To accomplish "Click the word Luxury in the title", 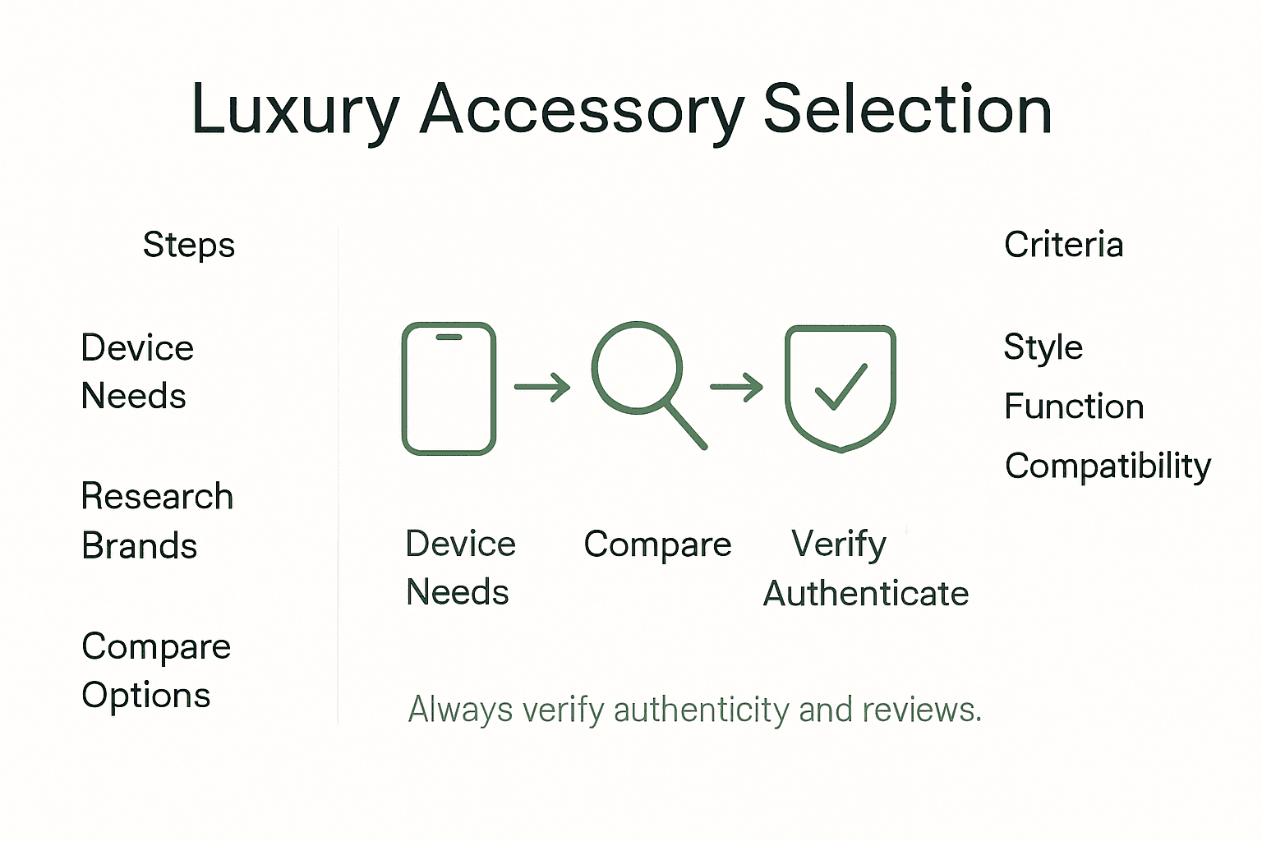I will (x=295, y=111).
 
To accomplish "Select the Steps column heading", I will (x=189, y=245).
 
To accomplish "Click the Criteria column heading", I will (x=1063, y=245).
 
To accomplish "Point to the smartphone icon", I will (x=449, y=388).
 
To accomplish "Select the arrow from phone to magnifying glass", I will (x=542, y=387).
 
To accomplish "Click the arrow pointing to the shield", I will (x=736, y=387).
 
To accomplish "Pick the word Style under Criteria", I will (x=1043, y=348).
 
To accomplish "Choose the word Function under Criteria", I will (x=1074, y=407).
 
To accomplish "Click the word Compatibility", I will (x=1108, y=466).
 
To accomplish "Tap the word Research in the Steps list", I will (x=157, y=496).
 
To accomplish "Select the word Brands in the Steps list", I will (x=140, y=546).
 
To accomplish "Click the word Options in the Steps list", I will (x=146, y=696).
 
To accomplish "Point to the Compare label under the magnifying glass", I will (x=657, y=545).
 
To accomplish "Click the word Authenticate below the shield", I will (x=866, y=594).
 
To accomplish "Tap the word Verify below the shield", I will (x=838, y=545).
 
